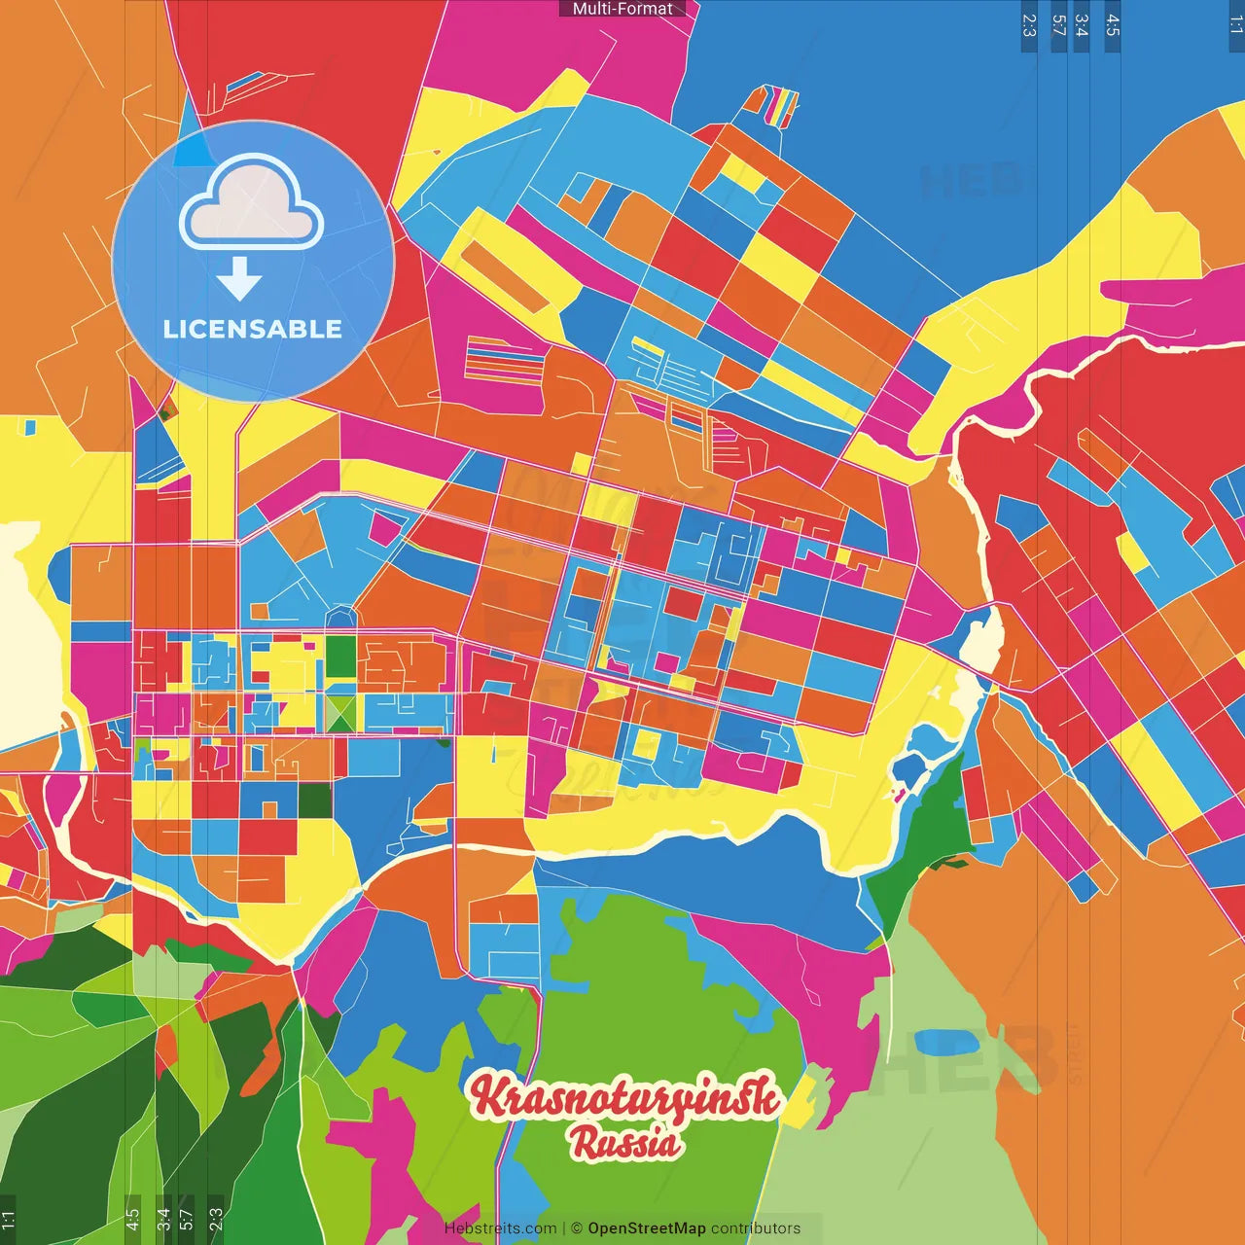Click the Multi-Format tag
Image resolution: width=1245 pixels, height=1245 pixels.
click(622, 9)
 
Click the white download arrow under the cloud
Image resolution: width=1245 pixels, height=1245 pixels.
click(239, 279)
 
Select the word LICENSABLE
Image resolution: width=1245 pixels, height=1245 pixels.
click(253, 329)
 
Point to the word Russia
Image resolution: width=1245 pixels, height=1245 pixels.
click(624, 1142)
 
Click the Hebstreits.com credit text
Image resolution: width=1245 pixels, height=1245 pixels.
click(500, 1228)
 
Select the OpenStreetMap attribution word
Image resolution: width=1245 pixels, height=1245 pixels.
click(646, 1228)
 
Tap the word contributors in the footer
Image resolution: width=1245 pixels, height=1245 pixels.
click(756, 1228)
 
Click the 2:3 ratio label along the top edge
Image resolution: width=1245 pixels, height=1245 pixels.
click(1029, 25)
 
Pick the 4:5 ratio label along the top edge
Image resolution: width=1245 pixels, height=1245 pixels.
click(1113, 25)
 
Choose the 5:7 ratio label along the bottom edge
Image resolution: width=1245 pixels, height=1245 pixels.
click(186, 1217)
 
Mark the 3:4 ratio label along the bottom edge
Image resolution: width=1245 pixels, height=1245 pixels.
click(163, 1217)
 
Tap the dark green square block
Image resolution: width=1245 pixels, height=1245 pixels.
click(315, 800)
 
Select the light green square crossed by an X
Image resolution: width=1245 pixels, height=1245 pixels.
click(340, 712)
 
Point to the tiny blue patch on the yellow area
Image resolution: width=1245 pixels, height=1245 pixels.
click(29, 427)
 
